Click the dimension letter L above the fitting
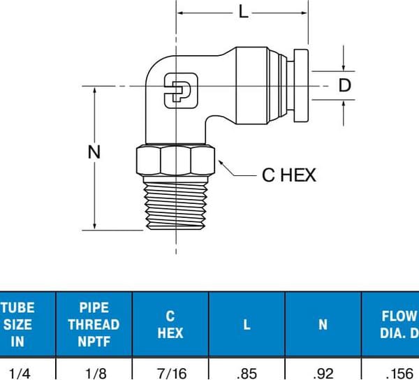[243, 12]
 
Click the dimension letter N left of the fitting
[95, 152]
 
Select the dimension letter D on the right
[344, 85]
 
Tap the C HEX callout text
[288, 175]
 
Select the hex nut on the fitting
[172, 161]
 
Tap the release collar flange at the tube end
[302, 85]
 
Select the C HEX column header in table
[170, 324]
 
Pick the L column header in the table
[247, 324]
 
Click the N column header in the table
[323, 324]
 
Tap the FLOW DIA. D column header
[395, 324]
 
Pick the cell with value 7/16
[170, 372]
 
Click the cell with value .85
[247, 372]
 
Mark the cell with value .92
[323, 372]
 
